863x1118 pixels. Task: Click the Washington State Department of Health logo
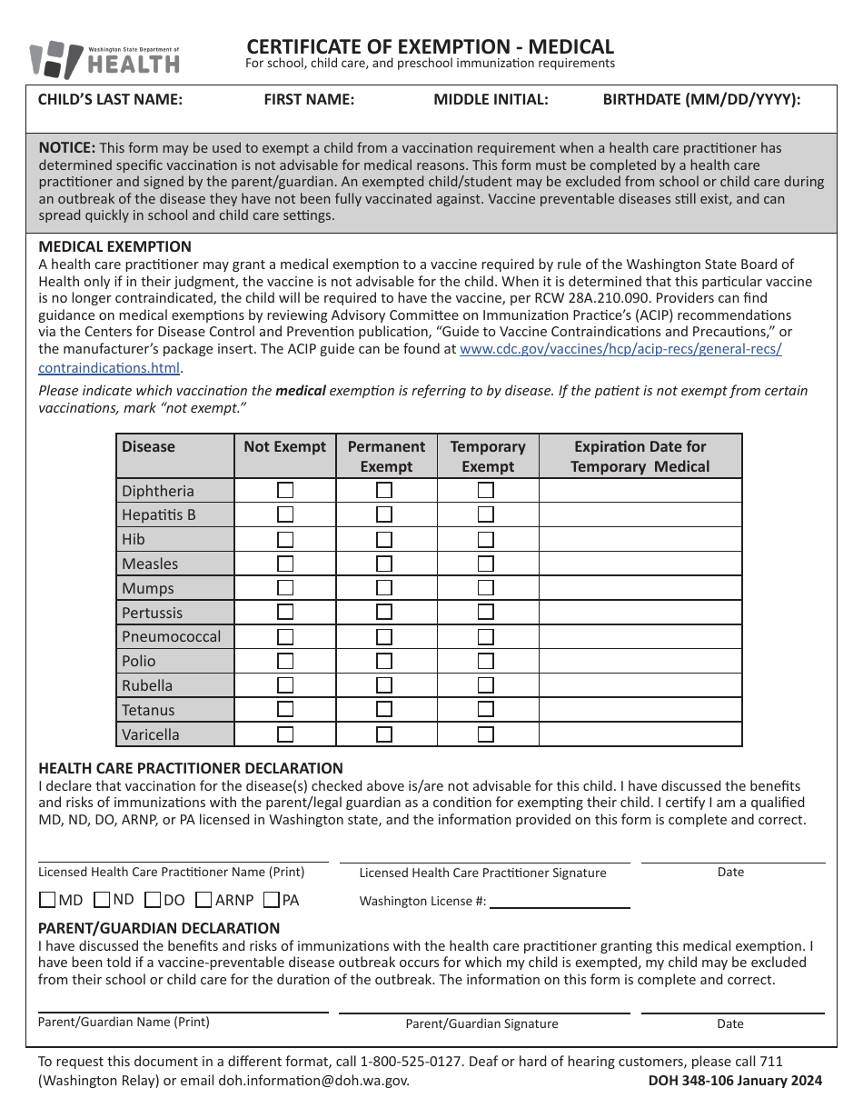[x=104, y=60]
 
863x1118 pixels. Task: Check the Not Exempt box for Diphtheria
[x=285, y=490]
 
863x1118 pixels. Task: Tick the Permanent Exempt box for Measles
[x=384, y=564]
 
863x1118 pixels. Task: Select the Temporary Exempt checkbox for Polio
[x=486, y=661]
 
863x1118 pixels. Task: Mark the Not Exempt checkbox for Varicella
[x=285, y=734]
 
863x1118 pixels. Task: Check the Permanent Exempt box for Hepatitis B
[x=384, y=514]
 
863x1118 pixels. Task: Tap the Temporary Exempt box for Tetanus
[x=486, y=710]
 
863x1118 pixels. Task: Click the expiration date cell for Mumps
[x=640, y=588]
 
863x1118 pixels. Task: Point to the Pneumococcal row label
[x=172, y=636]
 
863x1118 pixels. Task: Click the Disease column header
[x=149, y=446]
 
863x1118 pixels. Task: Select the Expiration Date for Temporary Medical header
[x=640, y=456]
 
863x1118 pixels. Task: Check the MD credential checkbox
[x=47, y=901]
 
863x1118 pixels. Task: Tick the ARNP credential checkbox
[x=203, y=901]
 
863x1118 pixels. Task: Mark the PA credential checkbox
[x=271, y=901]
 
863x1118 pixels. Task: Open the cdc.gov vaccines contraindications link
[x=620, y=349]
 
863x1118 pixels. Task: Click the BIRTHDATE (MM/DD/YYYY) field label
[x=701, y=100]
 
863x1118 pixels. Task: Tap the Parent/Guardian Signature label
[x=481, y=1023]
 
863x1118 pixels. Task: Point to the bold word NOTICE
[x=66, y=147]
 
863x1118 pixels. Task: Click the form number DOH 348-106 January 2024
[x=735, y=1081]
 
